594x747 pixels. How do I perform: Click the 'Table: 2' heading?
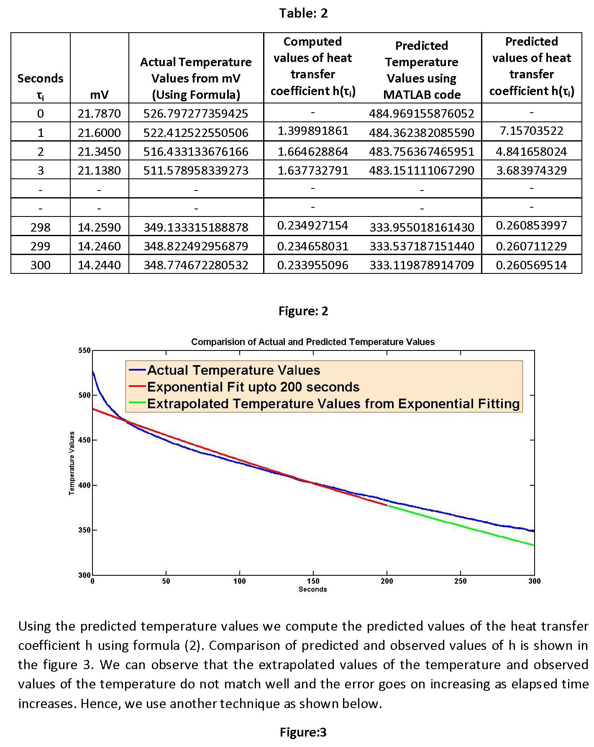click(303, 13)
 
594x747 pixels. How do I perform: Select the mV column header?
click(99, 95)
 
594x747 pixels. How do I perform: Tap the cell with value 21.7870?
click(99, 113)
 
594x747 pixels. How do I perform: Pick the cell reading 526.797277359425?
click(196, 113)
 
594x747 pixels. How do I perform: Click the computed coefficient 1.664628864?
click(312, 152)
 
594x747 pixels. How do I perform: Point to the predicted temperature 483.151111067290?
click(421, 170)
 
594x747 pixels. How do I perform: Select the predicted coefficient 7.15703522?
click(531, 131)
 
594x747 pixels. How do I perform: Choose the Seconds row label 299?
click(40, 246)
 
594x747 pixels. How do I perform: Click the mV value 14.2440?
click(99, 265)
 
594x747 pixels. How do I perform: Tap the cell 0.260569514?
click(531, 265)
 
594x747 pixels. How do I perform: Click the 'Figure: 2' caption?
click(303, 311)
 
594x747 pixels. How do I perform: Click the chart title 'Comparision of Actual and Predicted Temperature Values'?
click(312, 342)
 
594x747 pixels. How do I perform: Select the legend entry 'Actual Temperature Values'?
click(233, 370)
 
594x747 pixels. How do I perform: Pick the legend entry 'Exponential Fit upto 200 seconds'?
click(253, 387)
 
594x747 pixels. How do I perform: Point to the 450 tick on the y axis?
click(84, 440)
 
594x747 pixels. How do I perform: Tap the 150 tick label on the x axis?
click(313, 581)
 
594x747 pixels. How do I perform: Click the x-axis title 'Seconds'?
click(312, 589)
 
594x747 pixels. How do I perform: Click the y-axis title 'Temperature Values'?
click(72, 463)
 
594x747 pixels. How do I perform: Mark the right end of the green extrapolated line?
click(533, 545)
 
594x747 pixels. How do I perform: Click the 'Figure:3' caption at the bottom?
click(303, 732)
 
